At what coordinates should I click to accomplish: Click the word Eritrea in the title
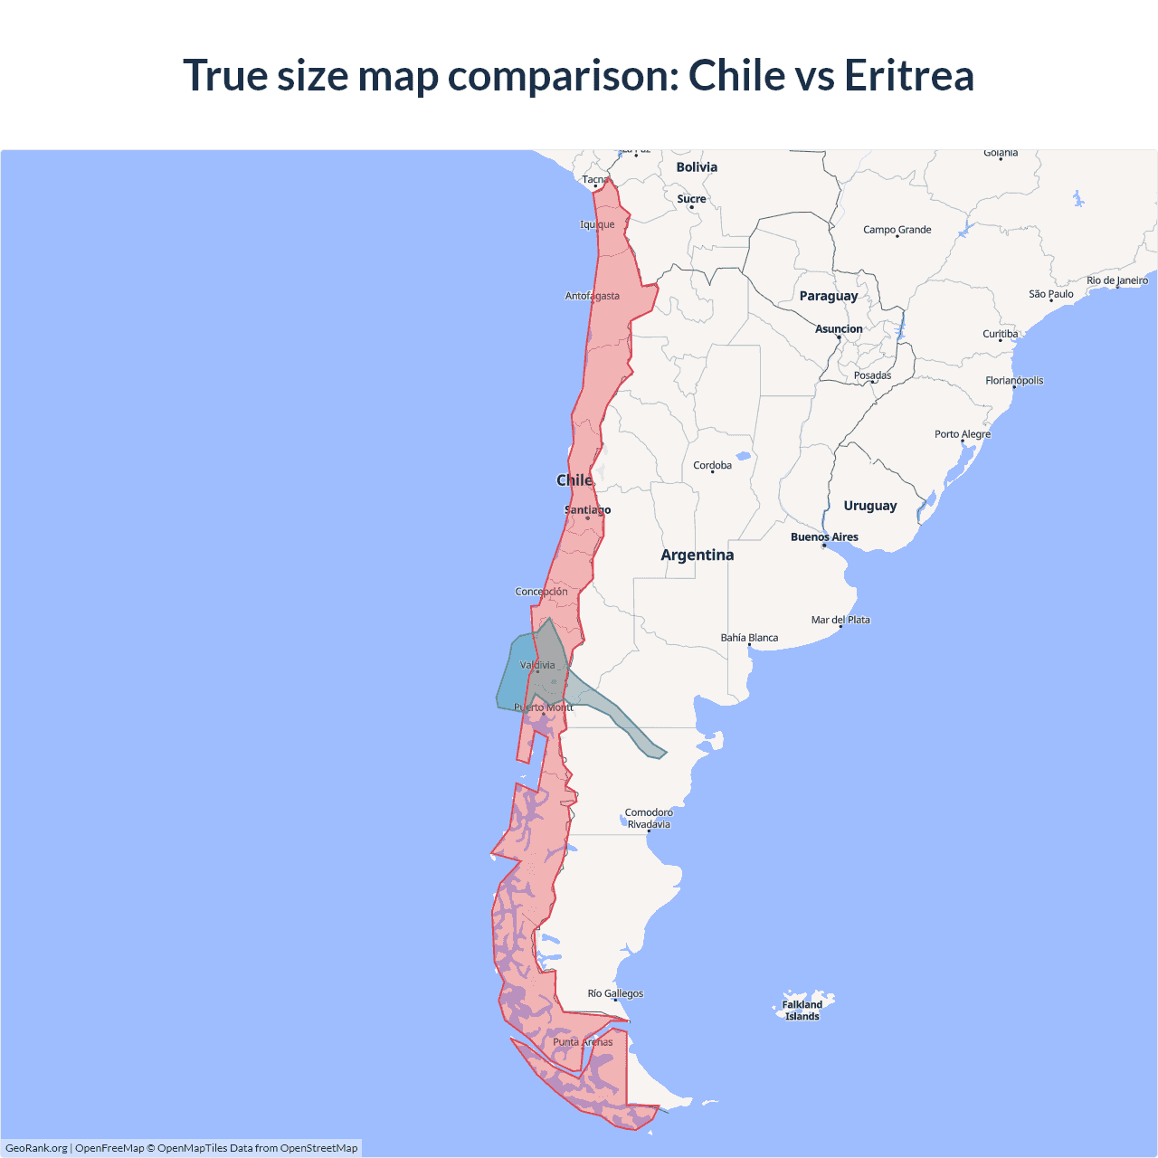pyautogui.click(x=909, y=75)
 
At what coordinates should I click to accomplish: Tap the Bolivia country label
pyautogui.click(x=697, y=167)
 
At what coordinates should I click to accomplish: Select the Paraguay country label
pyautogui.click(x=828, y=296)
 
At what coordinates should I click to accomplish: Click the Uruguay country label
pyautogui.click(x=870, y=506)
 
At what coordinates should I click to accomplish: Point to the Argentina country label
pyautogui.click(x=697, y=555)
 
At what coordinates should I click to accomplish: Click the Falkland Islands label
pyautogui.click(x=802, y=1011)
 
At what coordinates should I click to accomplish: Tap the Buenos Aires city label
pyautogui.click(x=824, y=537)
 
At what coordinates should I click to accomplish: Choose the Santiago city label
pyautogui.click(x=587, y=510)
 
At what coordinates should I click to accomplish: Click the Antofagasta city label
pyautogui.click(x=593, y=296)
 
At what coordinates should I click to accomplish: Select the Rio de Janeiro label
pyautogui.click(x=1117, y=280)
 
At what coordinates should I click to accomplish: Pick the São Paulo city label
pyautogui.click(x=1051, y=294)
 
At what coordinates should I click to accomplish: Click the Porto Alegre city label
pyautogui.click(x=963, y=434)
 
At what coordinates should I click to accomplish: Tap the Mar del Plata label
pyautogui.click(x=840, y=620)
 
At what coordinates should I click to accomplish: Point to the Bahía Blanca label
pyautogui.click(x=749, y=638)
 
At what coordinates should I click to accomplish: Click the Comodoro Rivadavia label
pyautogui.click(x=649, y=818)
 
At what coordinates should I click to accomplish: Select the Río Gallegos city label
pyautogui.click(x=615, y=993)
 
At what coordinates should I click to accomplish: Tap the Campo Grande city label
pyautogui.click(x=897, y=230)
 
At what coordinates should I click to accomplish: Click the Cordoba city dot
pyautogui.click(x=713, y=472)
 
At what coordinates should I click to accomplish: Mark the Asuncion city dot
pyautogui.click(x=839, y=337)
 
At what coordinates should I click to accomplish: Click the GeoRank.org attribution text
pyautogui.click(x=36, y=1148)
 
